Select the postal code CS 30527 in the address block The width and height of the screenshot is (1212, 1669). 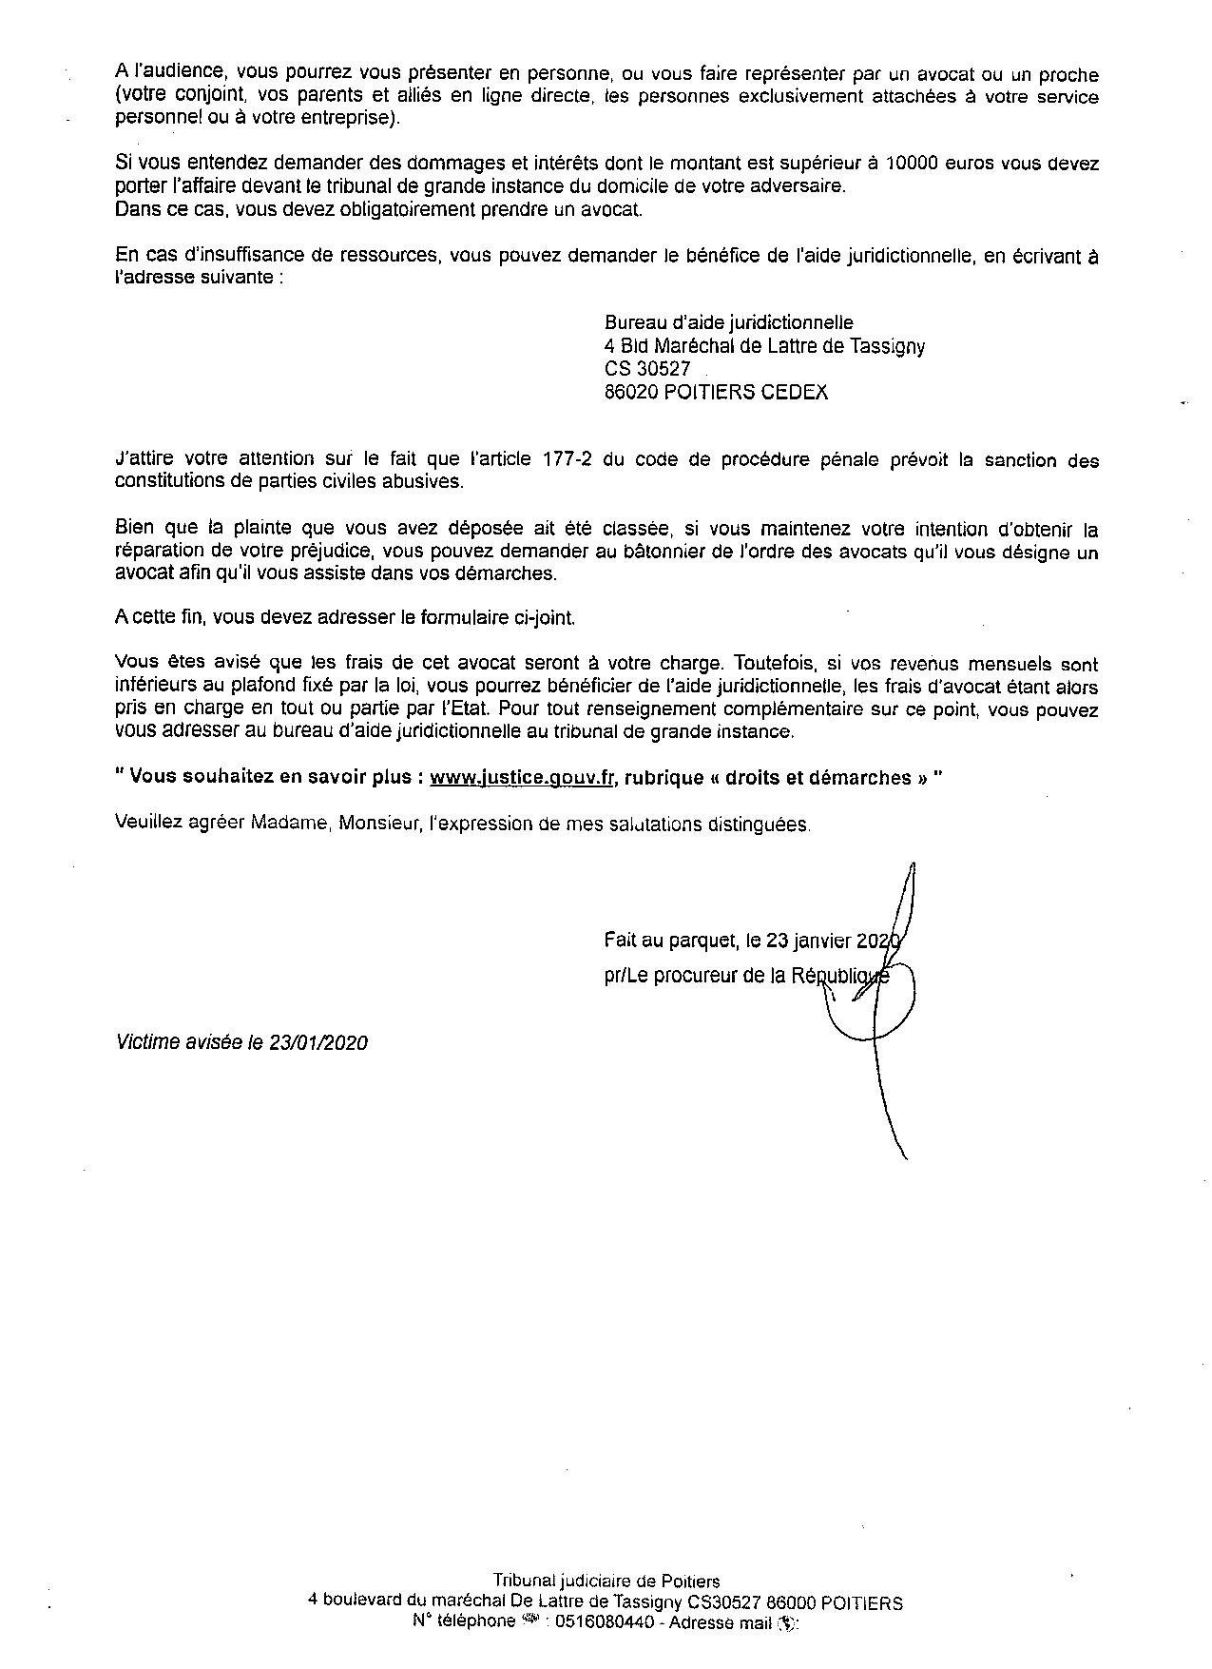point(647,369)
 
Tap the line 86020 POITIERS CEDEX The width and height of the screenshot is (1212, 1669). point(716,392)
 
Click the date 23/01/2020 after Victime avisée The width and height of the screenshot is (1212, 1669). point(318,1042)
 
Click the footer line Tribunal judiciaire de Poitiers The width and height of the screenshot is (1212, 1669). point(606,1582)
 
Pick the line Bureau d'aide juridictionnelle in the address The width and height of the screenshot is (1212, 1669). point(728,323)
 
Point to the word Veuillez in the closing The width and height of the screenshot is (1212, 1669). point(146,823)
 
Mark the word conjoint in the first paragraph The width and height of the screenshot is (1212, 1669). point(197,97)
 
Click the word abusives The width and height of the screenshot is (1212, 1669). point(433,482)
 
